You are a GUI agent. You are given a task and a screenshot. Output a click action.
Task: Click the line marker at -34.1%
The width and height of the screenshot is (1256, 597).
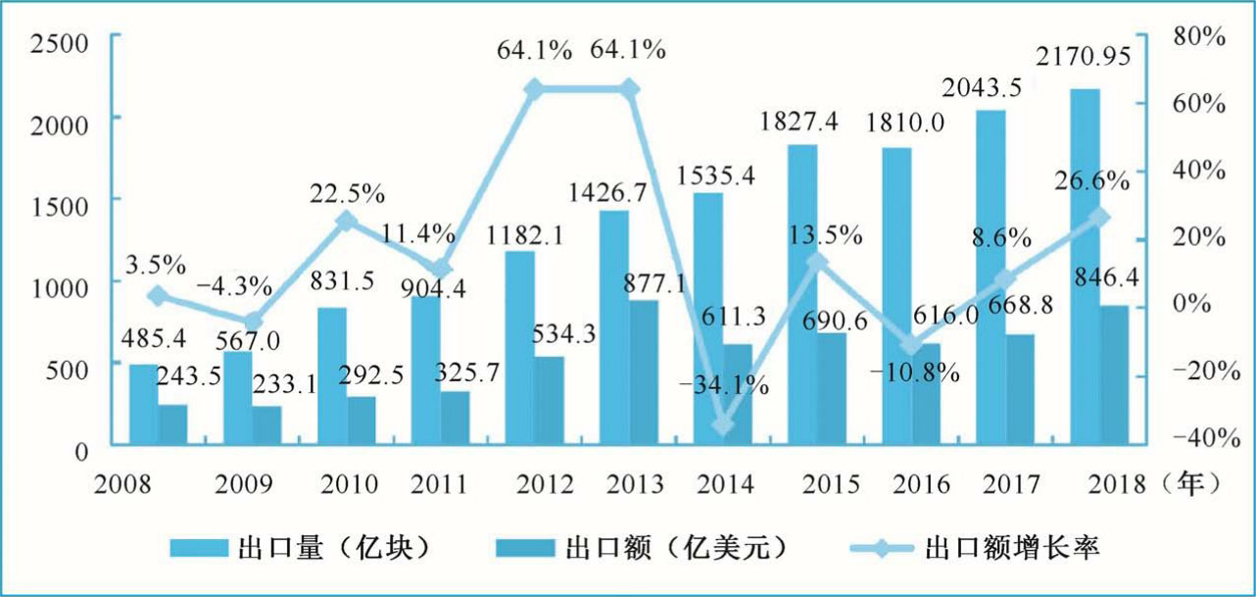point(724,425)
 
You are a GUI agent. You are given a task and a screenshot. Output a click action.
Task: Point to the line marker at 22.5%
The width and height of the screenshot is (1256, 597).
point(345,222)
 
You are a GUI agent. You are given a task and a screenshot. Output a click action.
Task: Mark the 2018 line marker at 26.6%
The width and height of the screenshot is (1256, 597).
point(1100,217)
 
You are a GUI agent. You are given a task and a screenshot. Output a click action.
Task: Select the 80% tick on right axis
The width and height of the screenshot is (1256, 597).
point(1197,36)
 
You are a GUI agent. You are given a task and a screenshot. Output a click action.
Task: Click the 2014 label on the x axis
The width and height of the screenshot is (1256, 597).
point(727,484)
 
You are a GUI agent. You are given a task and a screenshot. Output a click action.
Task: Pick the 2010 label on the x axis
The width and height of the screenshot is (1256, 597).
point(350,484)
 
